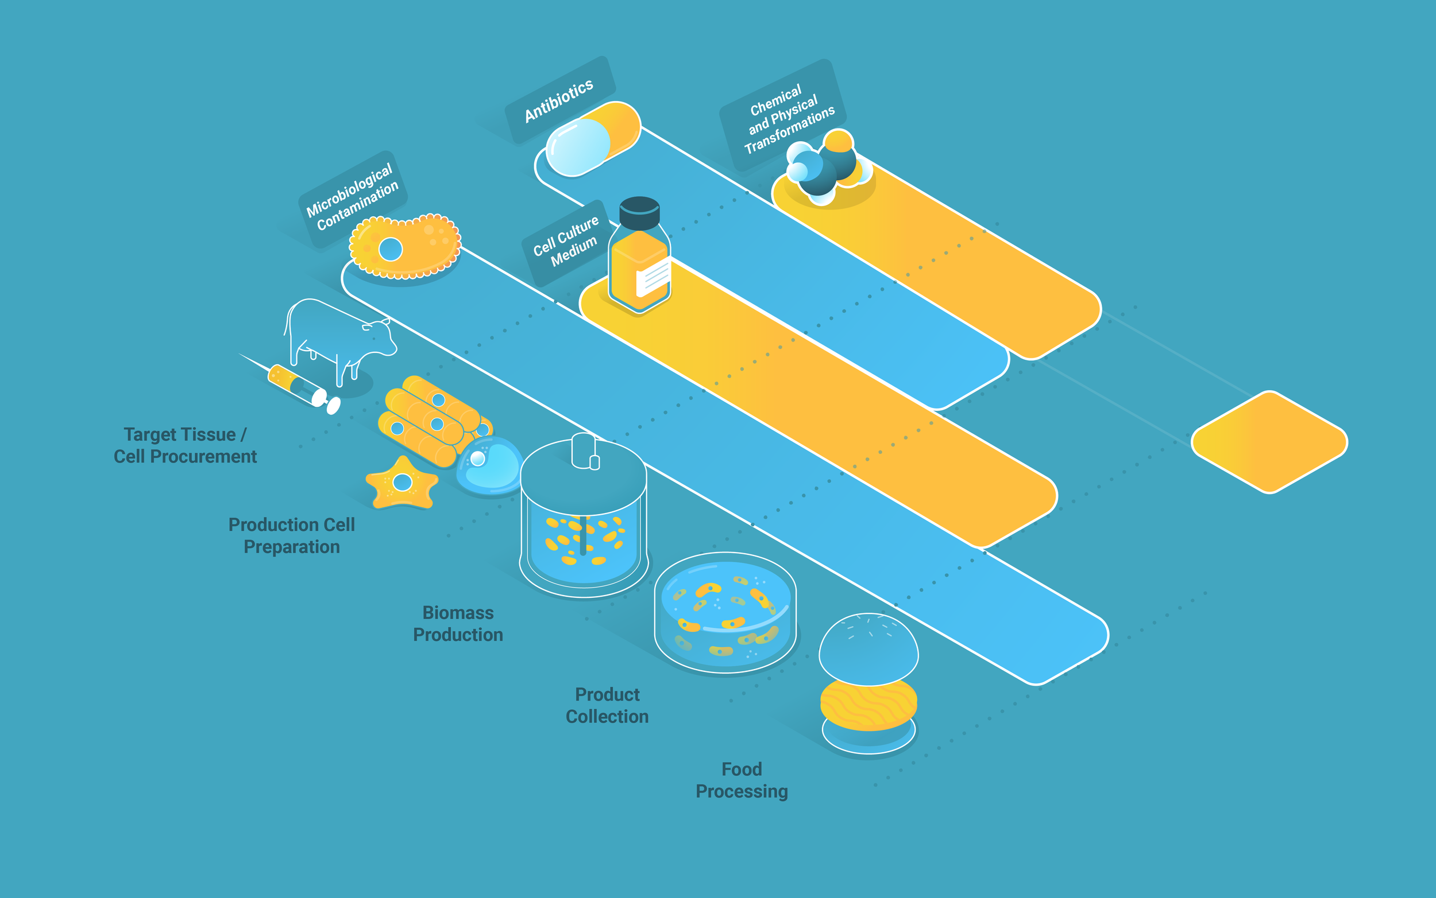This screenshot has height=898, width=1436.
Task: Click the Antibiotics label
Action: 559,99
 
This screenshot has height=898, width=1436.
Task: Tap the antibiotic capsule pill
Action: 592,139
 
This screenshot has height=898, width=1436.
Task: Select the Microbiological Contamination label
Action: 352,197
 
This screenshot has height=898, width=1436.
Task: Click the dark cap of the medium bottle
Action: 639,211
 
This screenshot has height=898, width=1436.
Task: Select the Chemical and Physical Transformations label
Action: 785,118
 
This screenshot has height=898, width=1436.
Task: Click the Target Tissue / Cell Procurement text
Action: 185,445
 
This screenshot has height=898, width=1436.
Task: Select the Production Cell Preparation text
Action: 291,536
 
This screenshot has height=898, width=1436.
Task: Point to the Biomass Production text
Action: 458,624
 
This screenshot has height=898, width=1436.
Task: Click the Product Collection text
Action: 607,706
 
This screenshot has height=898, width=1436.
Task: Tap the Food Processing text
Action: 741,780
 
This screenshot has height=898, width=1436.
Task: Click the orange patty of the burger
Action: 868,705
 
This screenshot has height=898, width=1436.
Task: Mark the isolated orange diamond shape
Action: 1269,442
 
